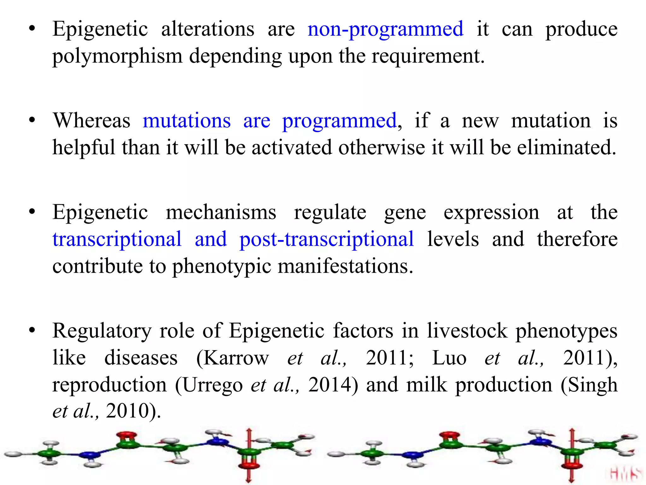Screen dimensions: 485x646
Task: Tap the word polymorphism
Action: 117,57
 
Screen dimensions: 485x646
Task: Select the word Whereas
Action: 91,121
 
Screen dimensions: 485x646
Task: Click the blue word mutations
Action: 187,121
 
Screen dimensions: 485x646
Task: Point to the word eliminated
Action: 567,148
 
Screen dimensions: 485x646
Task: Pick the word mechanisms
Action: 221,213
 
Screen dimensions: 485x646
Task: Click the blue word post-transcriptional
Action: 326,239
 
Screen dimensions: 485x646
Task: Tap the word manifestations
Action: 345,266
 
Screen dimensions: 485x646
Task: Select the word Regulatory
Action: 102,332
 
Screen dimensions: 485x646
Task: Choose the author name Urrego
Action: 212,385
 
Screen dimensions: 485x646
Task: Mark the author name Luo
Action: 449,358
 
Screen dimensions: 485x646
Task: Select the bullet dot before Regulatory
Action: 32,331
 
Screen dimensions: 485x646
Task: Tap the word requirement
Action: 428,57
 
